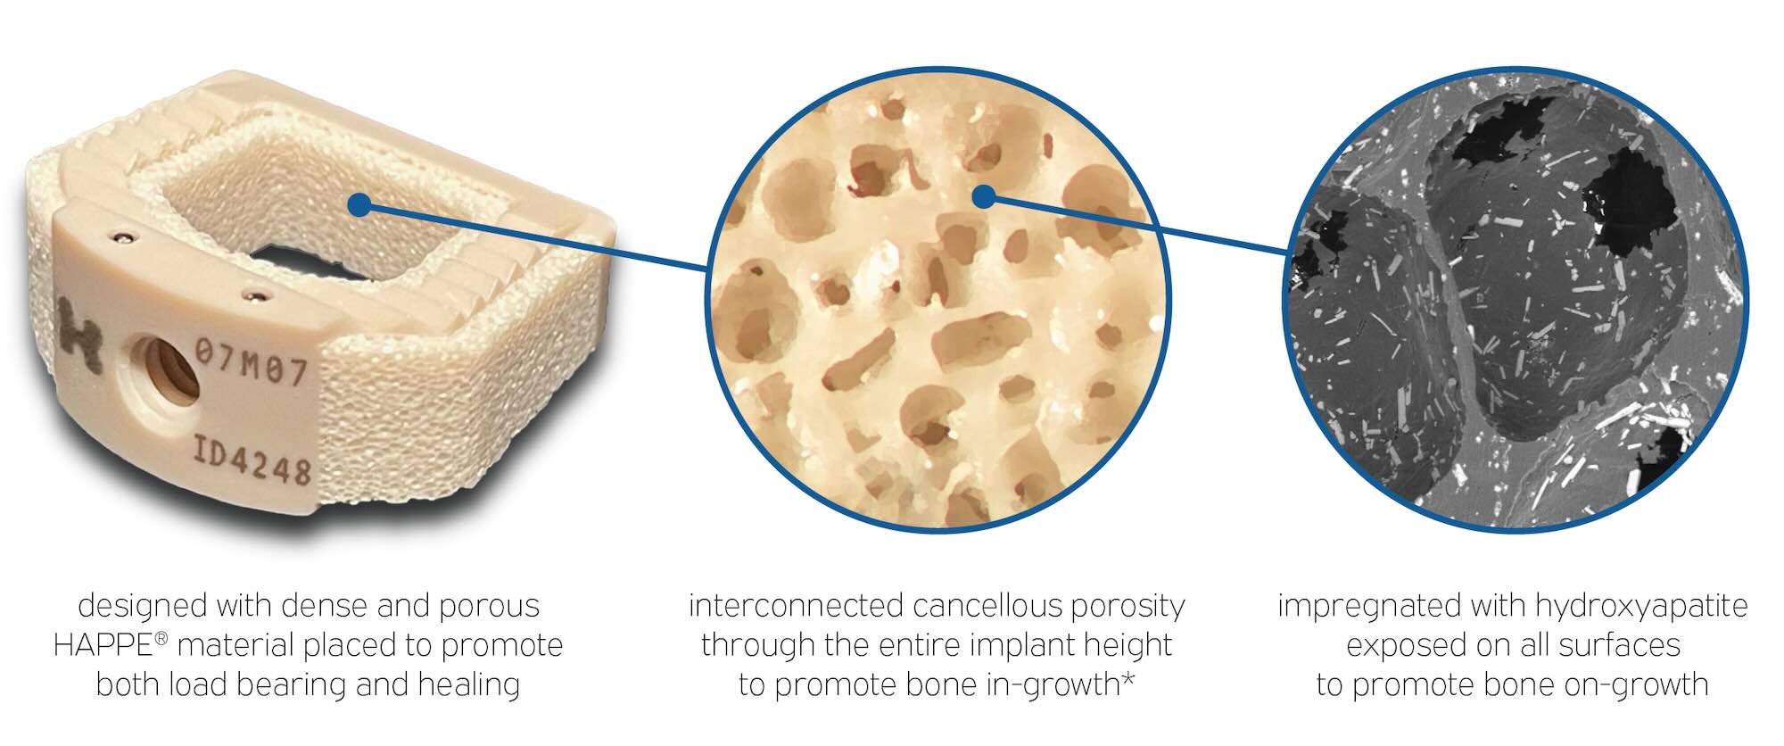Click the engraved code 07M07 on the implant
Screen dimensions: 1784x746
(x=252, y=362)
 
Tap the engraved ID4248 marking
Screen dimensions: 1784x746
(x=252, y=460)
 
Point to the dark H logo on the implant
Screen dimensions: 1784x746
(x=79, y=332)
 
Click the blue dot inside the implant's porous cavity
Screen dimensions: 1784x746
(x=359, y=205)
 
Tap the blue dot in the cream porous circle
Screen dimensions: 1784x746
(x=983, y=196)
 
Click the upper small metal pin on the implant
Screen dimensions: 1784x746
(x=123, y=236)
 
